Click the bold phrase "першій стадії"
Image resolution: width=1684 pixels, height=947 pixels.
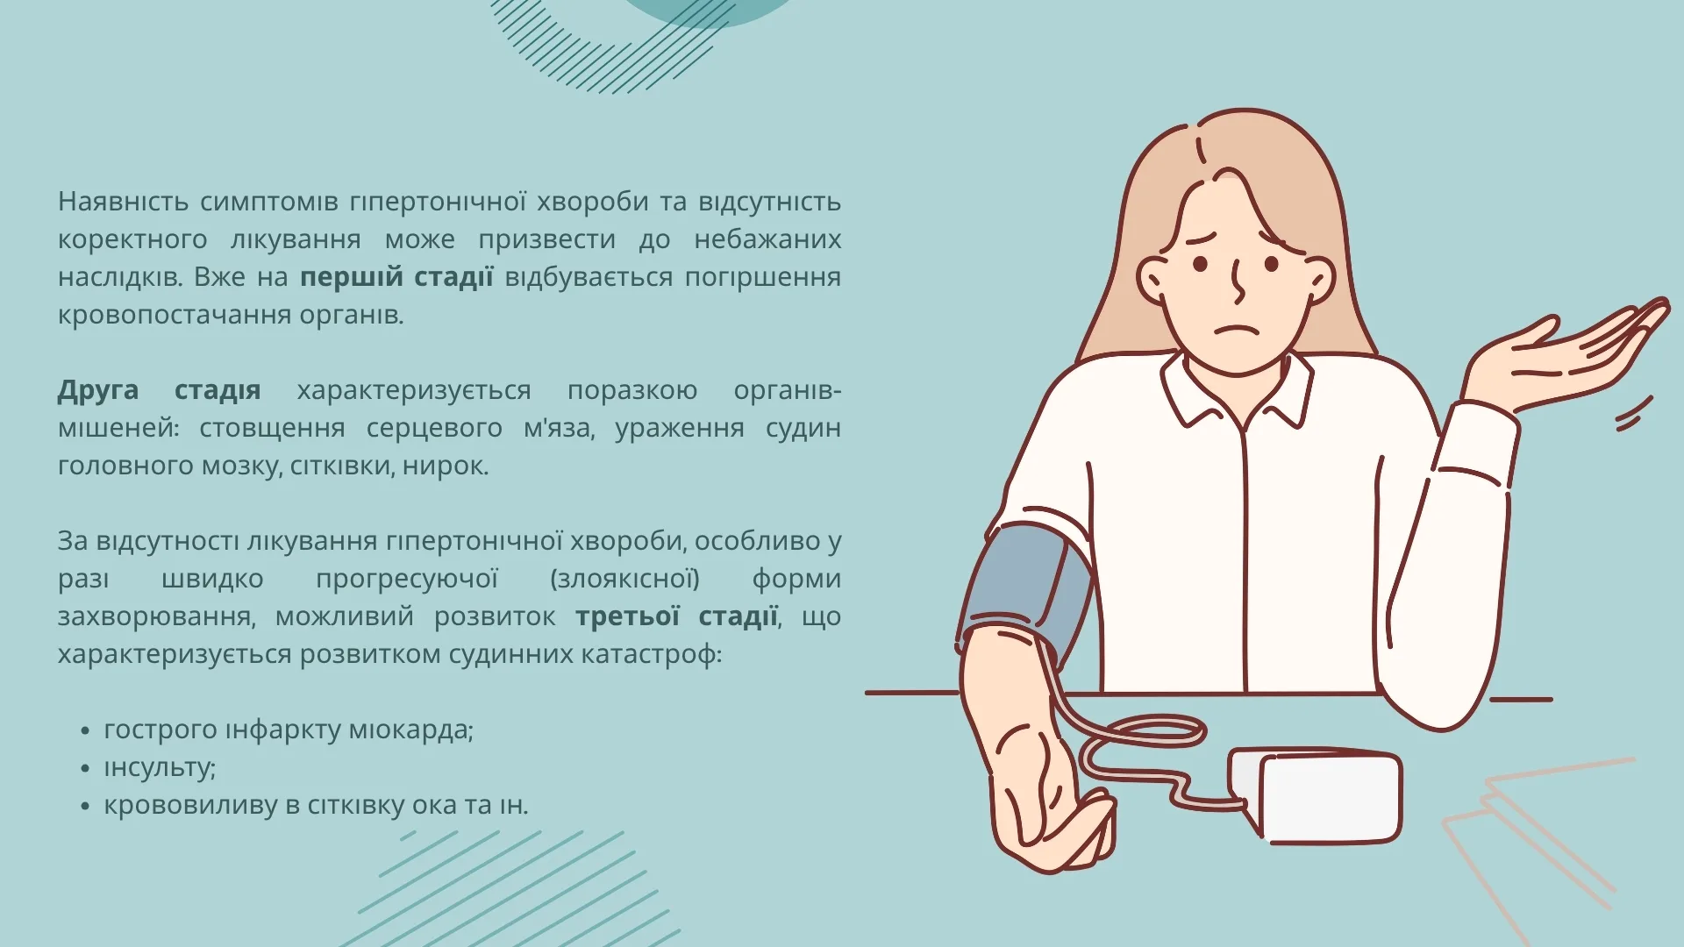point(396,277)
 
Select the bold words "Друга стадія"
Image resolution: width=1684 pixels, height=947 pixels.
point(160,390)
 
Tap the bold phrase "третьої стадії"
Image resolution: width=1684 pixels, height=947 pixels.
point(677,616)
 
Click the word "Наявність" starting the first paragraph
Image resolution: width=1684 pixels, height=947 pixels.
point(123,202)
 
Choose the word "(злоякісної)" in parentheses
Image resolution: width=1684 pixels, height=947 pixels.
point(624,579)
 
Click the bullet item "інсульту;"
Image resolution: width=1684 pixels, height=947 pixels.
point(160,767)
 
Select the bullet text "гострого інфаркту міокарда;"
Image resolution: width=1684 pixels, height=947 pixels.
point(289,730)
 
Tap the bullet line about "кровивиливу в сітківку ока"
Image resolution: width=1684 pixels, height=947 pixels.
point(316,805)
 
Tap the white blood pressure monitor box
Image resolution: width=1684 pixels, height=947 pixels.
point(1316,794)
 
